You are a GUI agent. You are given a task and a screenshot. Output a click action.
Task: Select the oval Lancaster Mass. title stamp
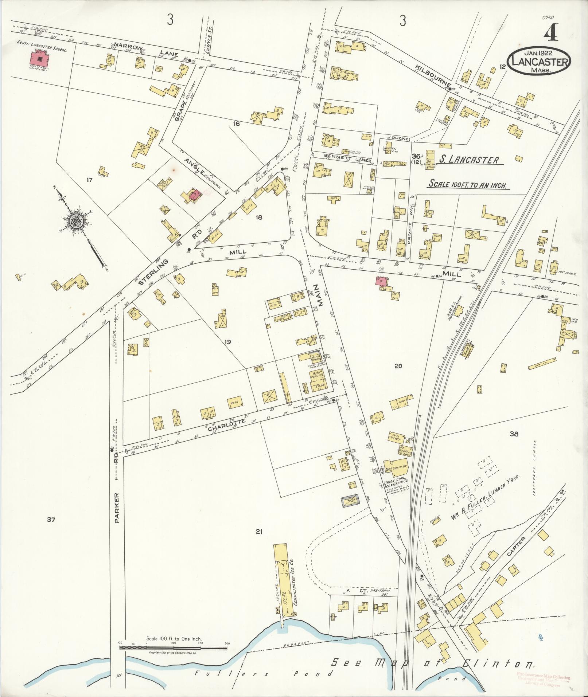coord(538,62)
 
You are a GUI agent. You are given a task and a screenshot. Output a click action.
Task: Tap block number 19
coord(228,342)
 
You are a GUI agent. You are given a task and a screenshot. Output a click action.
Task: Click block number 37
coord(51,520)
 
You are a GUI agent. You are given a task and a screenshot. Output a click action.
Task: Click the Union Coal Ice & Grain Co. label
coord(396,483)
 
